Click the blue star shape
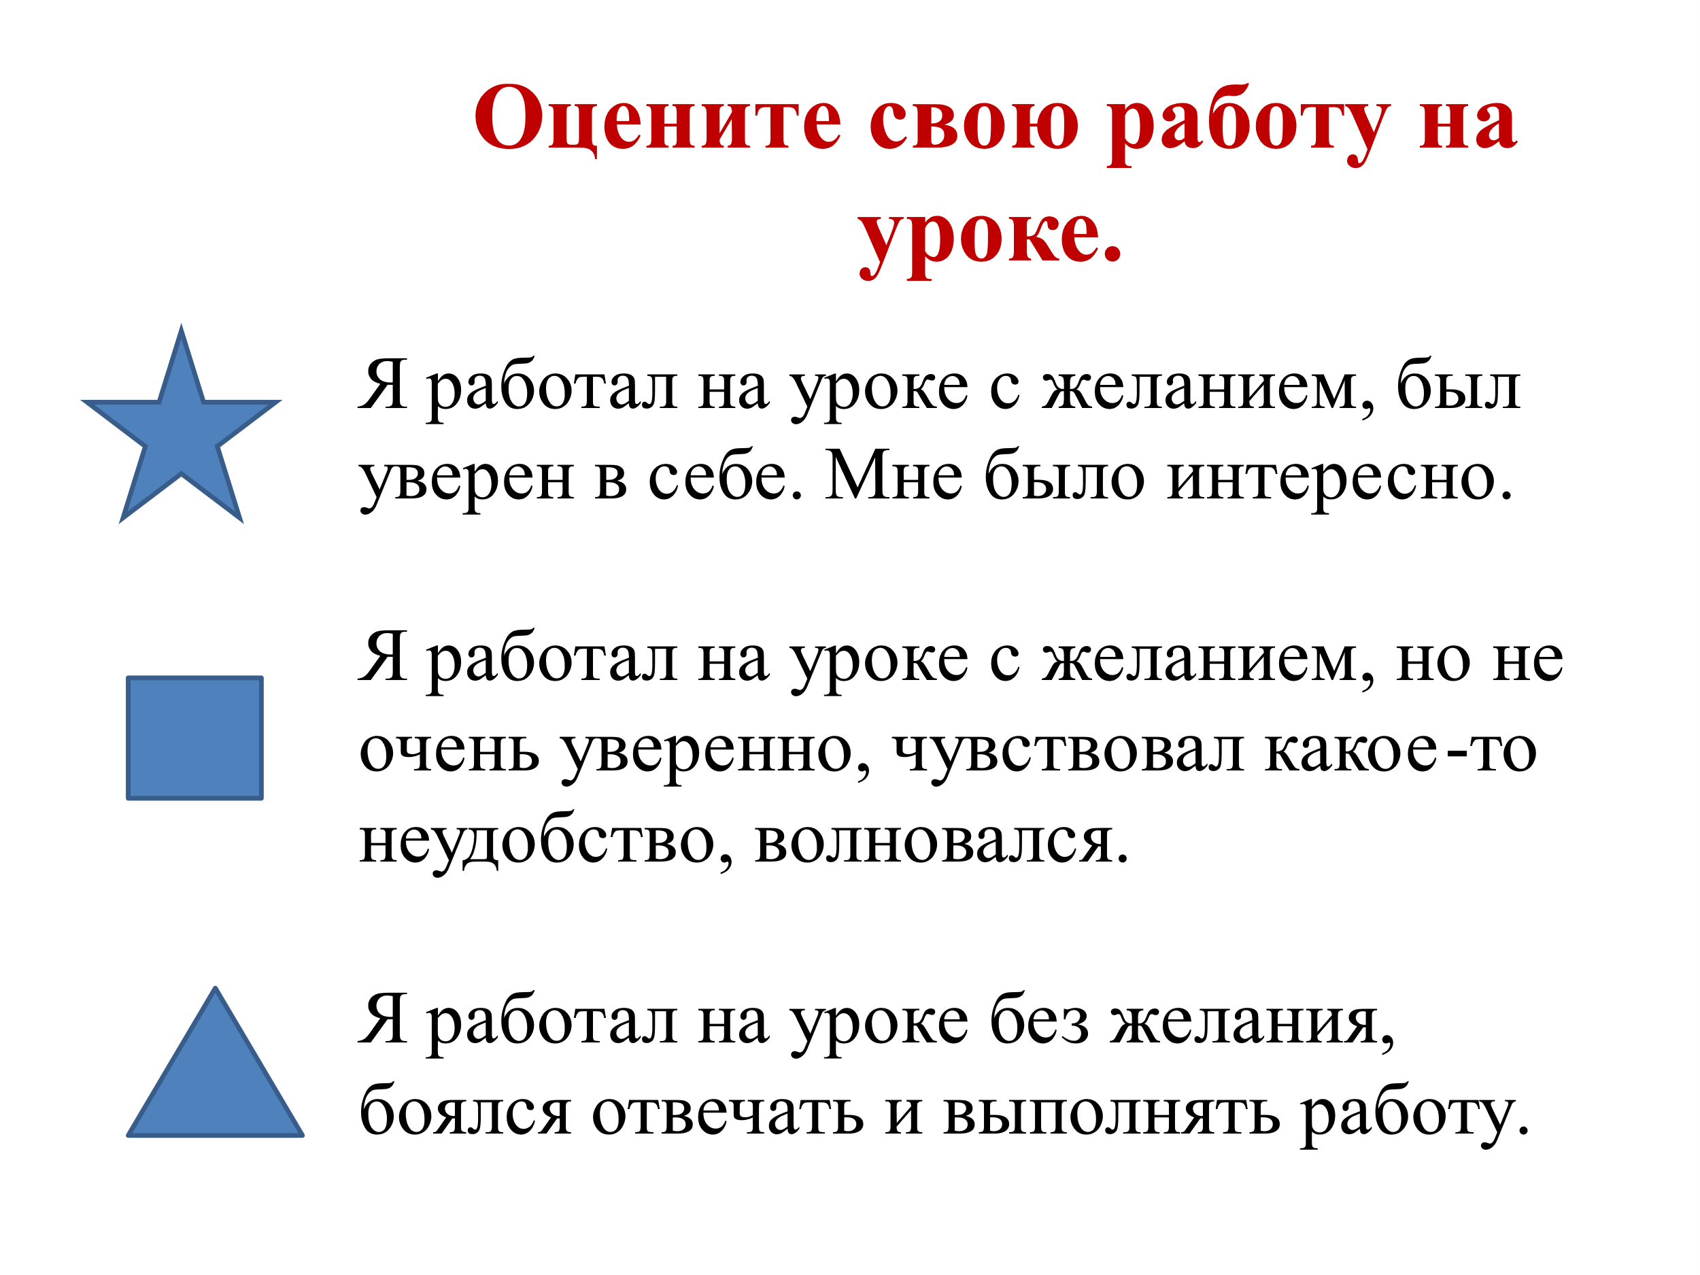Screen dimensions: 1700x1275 182,431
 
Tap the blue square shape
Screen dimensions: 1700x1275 194,738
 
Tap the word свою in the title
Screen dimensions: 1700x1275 974,123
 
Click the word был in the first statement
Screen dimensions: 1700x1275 1459,384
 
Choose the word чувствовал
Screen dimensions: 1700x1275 1068,753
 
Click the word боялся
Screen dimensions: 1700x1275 466,1110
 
